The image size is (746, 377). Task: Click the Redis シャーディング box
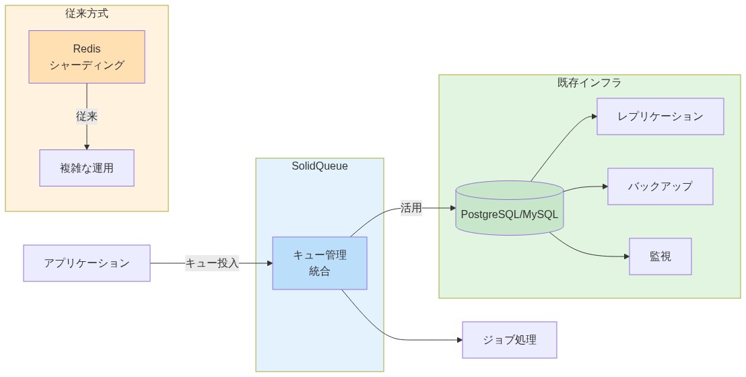(87, 57)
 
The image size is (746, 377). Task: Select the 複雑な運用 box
(87, 168)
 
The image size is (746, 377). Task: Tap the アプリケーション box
(87, 263)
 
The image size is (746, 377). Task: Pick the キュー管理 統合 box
(320, 263)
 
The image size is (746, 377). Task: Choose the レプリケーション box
(660, 116)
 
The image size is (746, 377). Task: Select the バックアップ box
(660, 186)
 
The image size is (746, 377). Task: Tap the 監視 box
(660, 256)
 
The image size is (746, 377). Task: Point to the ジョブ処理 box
(509, 340)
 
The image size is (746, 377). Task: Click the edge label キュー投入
(212, 263)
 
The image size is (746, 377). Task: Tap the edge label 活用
(411, 208)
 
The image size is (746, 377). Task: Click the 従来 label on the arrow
(87, 116)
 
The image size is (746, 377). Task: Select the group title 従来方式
(87, 13)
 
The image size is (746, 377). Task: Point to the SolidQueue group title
(320, 166)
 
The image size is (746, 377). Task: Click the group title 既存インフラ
(589, 83)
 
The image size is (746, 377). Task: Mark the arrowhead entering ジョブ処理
(459, 340)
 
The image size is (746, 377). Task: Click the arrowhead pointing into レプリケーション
(594, 116)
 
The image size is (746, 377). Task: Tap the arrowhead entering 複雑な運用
(87, 146)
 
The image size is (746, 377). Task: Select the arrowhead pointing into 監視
(626, 256)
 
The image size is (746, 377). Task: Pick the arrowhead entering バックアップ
(605, 186)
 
